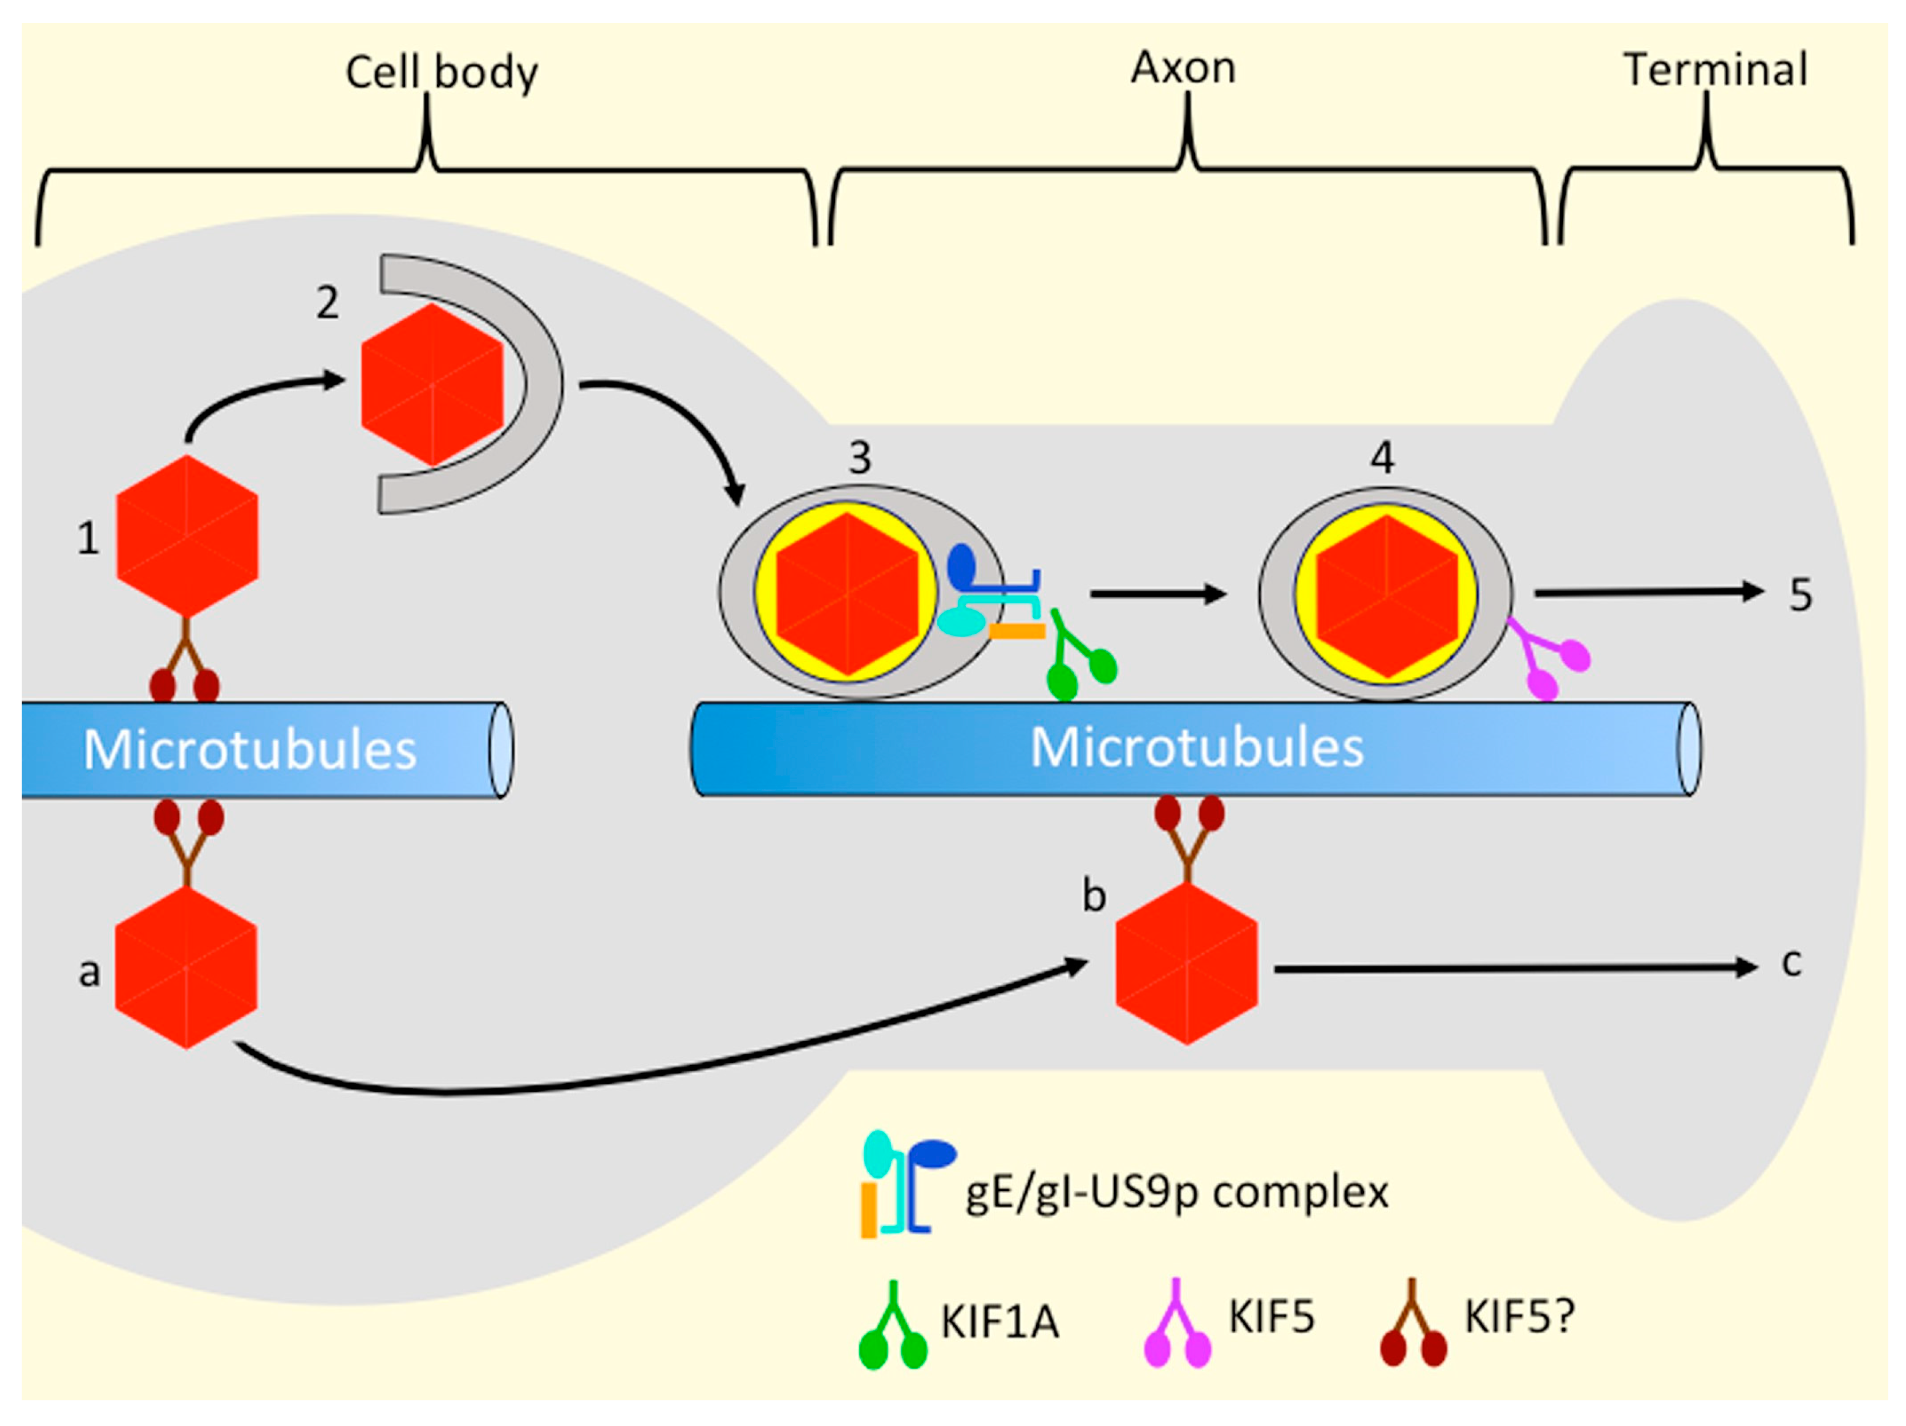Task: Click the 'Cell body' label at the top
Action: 441,72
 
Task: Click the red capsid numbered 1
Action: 187,536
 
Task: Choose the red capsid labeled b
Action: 1187,963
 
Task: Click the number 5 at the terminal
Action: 1800,594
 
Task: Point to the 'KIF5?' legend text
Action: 1520,1316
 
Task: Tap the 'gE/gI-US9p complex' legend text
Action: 1176,1193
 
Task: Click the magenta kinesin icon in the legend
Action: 1177,1327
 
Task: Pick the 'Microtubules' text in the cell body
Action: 250,750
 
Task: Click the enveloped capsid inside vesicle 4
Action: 1386,594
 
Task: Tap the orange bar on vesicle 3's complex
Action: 1017,631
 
